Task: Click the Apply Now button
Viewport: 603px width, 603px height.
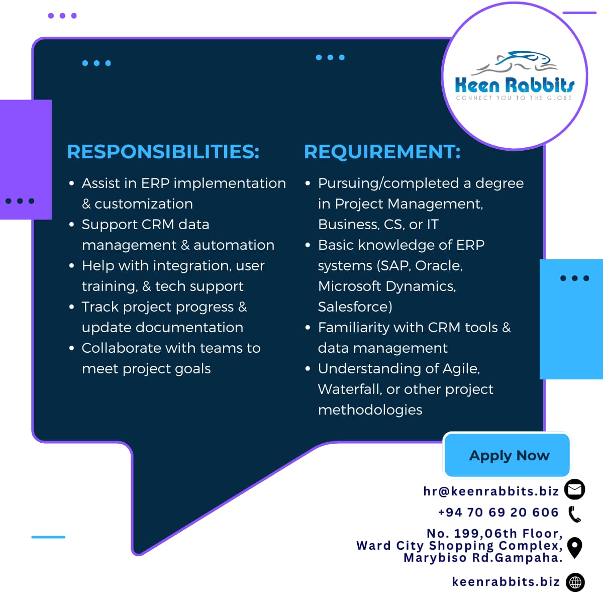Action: [x=507, y=455]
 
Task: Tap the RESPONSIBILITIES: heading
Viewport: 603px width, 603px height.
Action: [x=163, y=152]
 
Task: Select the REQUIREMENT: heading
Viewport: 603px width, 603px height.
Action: [x=382, y=152]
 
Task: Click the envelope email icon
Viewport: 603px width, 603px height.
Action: [x=574, y=489]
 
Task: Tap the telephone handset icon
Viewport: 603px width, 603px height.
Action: [x=574, y=514]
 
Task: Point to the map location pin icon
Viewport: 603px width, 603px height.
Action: [x=574, y=548]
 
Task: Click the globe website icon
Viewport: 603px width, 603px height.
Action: [x=575, y=582]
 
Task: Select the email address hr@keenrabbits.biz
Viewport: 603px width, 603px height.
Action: [x=491, y=491]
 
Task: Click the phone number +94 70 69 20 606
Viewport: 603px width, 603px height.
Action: [x=498, y=512]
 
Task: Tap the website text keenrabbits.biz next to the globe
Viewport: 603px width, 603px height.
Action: [x=506, y=582]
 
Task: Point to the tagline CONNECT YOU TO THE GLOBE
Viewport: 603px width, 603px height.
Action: [x=514, y=98]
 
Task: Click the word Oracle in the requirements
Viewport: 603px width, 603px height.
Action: [x=438, y=266]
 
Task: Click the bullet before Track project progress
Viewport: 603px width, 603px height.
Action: [x=72, y=307]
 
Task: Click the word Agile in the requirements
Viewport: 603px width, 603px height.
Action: [x=461, y=369]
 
